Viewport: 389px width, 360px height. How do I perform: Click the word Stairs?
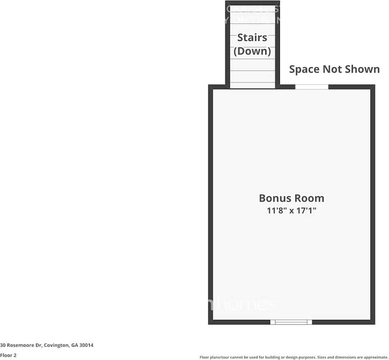(252, 37)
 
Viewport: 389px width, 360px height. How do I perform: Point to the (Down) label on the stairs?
(252, 51)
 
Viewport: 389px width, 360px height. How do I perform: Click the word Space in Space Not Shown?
(304, 69)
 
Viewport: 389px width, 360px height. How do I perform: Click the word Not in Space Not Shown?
(331, 69)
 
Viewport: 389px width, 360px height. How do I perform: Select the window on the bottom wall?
(291, 322)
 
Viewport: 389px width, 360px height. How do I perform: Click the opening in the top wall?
(311, 87)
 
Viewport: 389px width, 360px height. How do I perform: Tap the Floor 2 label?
(8, 355)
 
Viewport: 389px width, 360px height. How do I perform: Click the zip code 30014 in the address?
(87, 345)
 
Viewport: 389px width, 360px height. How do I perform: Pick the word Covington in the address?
(56, 345)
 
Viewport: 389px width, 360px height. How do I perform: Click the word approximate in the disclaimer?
(376, 357)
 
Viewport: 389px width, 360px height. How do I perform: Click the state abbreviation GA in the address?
(75, 345)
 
